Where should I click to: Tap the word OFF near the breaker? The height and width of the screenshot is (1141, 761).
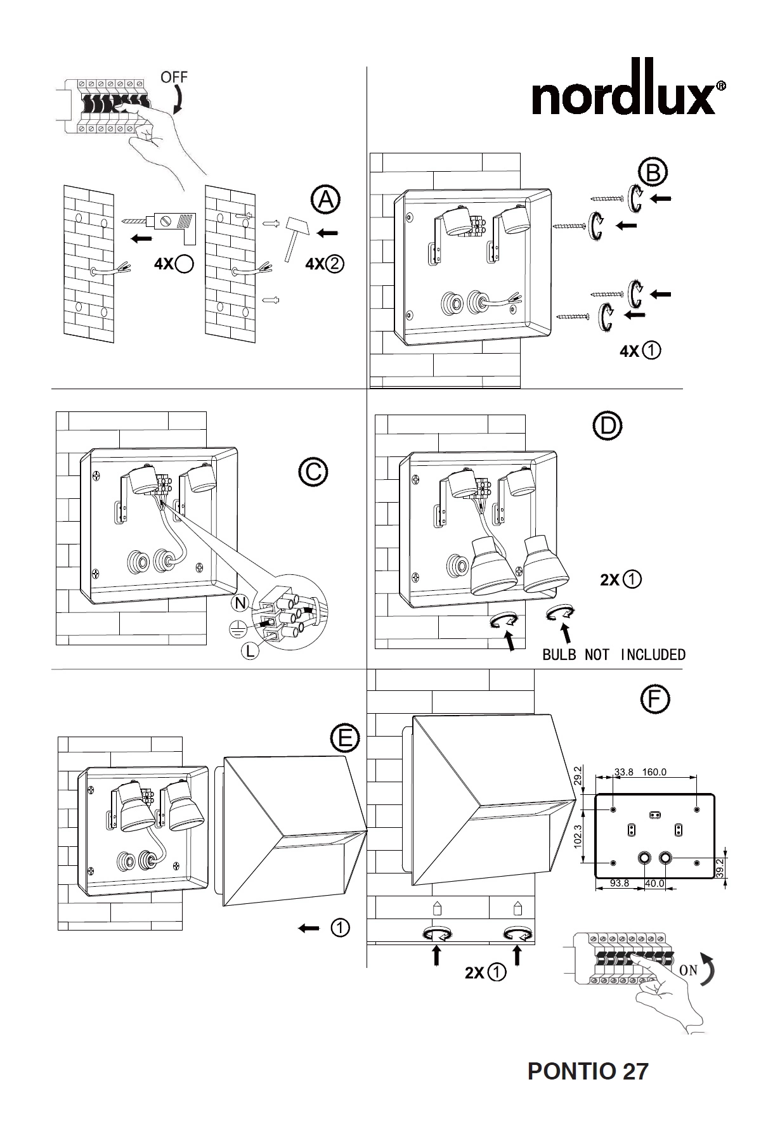(174, 77)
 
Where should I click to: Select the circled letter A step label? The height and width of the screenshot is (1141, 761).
(325, 200)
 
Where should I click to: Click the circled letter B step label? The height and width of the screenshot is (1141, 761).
(653, 172)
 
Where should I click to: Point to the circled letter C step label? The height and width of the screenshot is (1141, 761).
(313, 472)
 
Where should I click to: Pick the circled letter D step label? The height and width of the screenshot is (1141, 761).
(608, 426)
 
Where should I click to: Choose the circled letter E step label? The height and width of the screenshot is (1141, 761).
(345, 737)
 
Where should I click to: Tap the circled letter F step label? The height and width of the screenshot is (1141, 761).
(654, 699)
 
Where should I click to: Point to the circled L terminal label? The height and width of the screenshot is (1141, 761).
(251, 650)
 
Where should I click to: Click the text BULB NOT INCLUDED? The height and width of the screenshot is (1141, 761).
(614, 655)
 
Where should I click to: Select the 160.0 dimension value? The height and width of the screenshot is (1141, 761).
(654, 772)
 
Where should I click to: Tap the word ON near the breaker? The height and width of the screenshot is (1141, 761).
(688, 970)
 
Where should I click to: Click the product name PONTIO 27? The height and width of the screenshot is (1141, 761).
(588, 1071)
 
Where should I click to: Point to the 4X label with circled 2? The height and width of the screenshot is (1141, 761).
(324, 264)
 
